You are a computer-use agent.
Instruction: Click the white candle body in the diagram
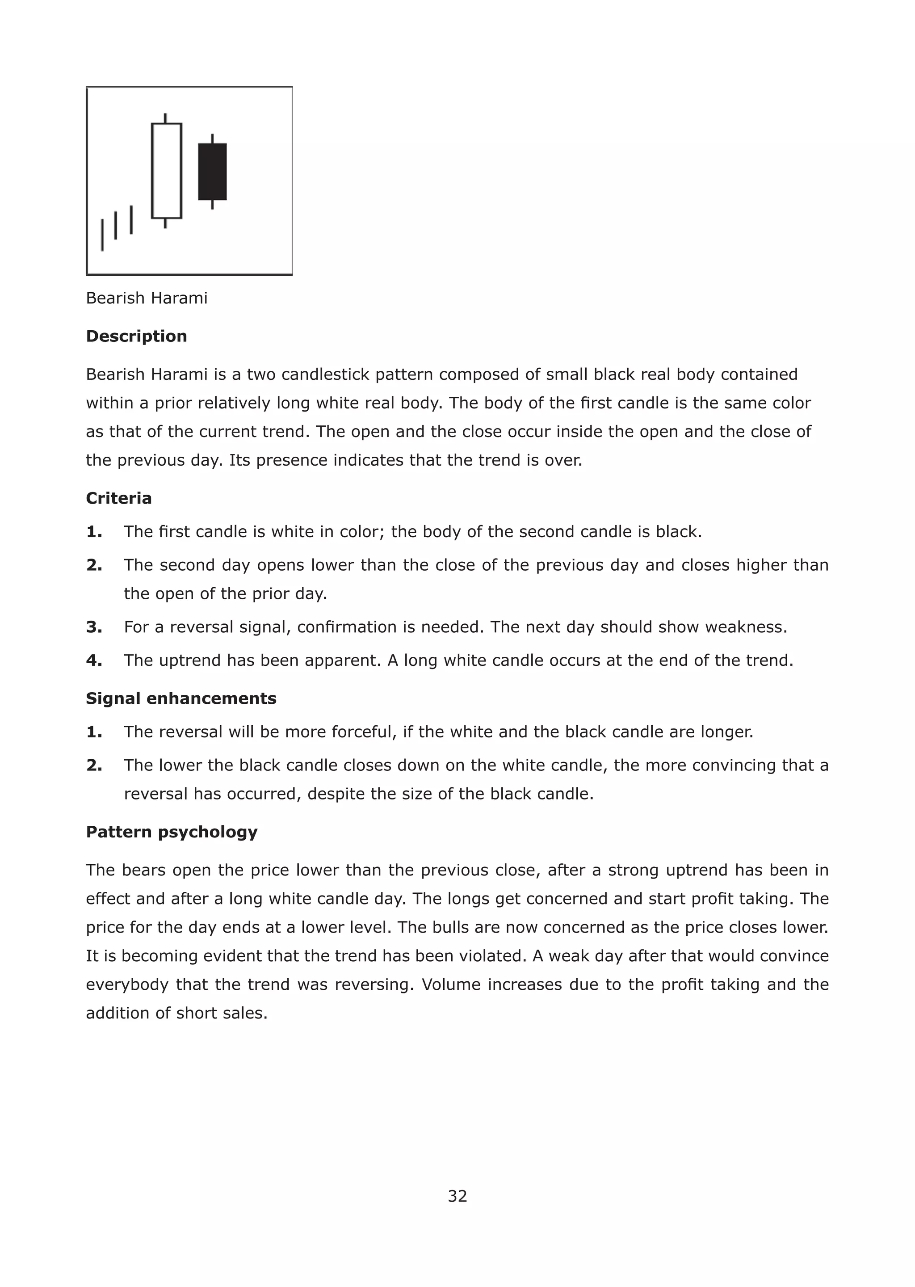(166, 171)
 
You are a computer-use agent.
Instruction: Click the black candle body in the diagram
(212, 171)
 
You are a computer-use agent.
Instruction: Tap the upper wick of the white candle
(165, 118)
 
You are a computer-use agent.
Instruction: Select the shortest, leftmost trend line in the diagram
(102, 235)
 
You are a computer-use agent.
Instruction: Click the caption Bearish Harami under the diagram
(147, 298)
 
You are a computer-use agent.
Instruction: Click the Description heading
(136, 336)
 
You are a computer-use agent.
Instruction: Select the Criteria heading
(119, 498)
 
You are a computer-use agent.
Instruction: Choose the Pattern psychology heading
(171, 832)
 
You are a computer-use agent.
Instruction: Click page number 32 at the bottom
(457, 1196)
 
